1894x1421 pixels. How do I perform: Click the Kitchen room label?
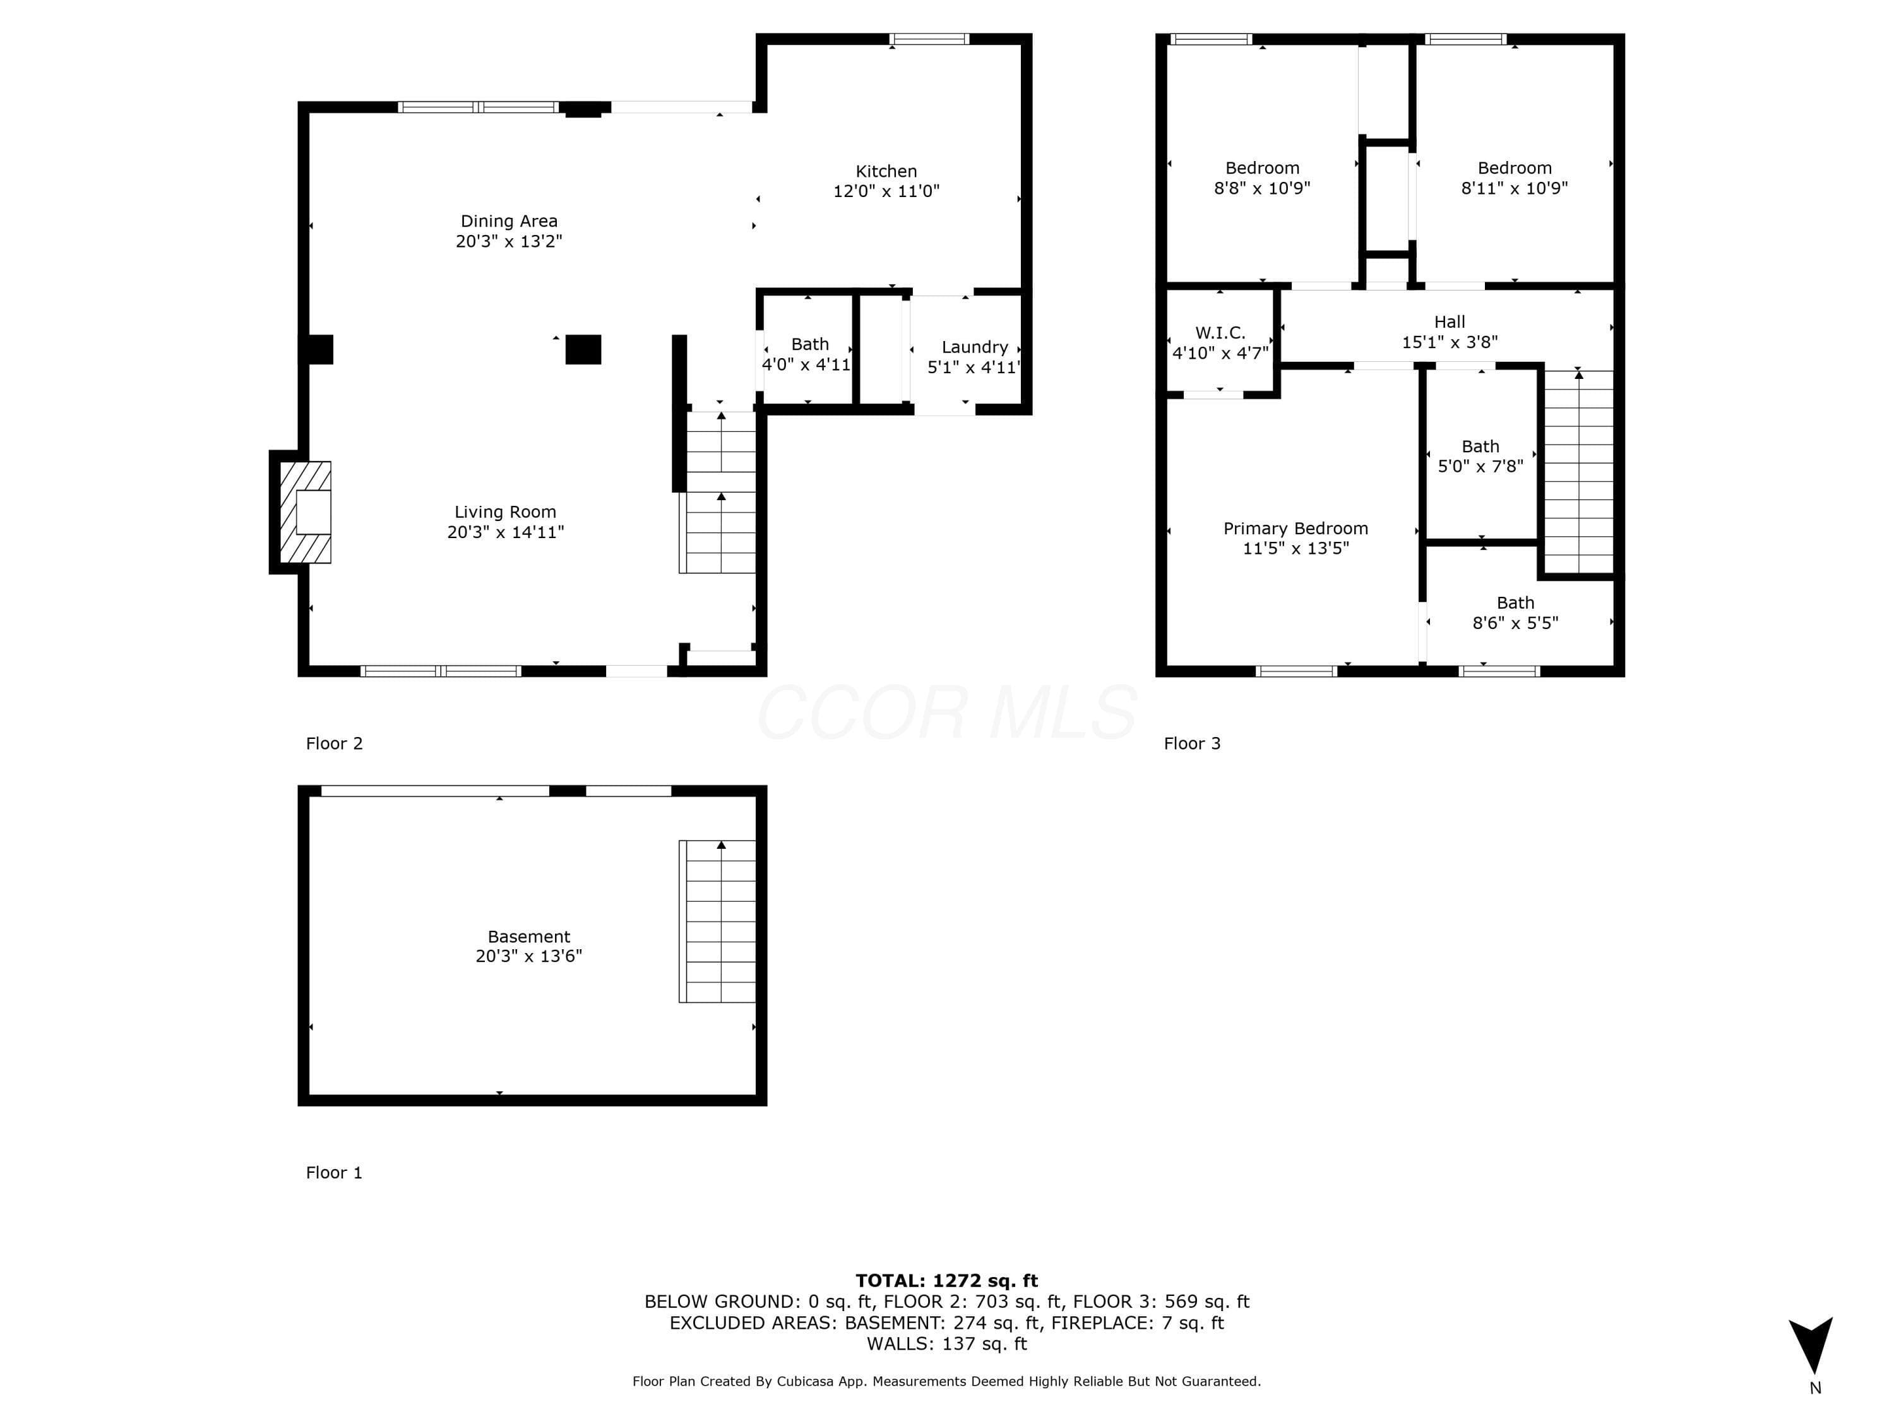coord(886,171)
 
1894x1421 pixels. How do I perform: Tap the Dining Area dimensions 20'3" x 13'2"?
coord(509,241)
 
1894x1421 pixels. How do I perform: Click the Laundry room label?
coord(974,347)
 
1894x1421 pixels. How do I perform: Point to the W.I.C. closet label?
coord(1220,332)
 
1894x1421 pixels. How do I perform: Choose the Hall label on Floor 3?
coord(1450,322)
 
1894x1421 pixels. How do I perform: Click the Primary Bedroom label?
coord(1295,529)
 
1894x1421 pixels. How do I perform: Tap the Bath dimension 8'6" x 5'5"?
coord(1515,623)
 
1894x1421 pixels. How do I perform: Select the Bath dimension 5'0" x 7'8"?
coord(1480,467)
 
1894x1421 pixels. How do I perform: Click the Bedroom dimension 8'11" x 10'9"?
coord(1514,188)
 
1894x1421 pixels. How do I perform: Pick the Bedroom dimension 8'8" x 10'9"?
coord(1262,188)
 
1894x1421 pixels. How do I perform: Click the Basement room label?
coord(528,937)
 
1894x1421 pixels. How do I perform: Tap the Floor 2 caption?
coord(334,743)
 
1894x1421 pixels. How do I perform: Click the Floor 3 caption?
coord(1192,743)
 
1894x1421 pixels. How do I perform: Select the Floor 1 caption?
coord(334,1173)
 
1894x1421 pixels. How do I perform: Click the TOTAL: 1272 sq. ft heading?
coord(946,1281)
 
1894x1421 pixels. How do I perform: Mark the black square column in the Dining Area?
coord(583,349)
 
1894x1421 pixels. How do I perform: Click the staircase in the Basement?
coord(718,921)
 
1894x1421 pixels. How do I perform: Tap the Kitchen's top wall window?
coord(929,39)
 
